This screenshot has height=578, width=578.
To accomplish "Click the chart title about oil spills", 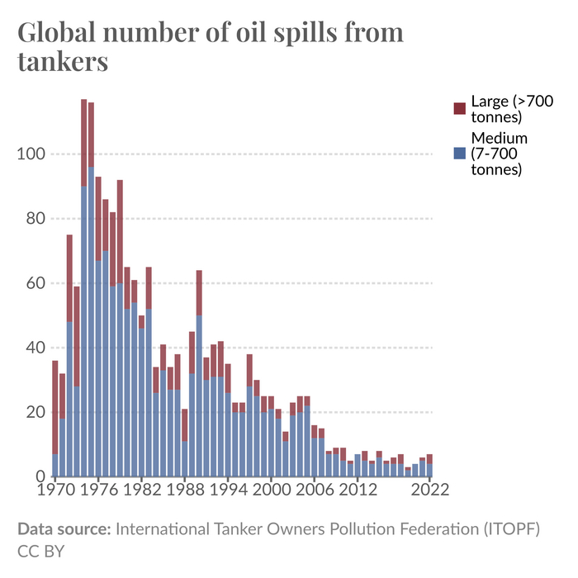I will (211, 46).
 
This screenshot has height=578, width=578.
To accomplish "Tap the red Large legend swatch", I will (460, 108).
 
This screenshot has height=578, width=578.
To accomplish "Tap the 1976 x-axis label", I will (98, 489).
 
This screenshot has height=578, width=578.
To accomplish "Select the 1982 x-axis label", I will (141, 489).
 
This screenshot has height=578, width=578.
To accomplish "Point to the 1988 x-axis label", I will (184, 489).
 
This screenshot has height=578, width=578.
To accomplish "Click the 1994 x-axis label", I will (227, 489).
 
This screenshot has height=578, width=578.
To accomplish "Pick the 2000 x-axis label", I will (270, 489).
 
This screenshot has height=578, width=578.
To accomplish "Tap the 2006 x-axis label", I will (313, 489).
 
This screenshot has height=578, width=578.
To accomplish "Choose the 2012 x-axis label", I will (356, 489).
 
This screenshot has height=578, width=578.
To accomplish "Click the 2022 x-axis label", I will (428, 489).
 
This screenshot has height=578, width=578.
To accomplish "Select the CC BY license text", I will (40, 550).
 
